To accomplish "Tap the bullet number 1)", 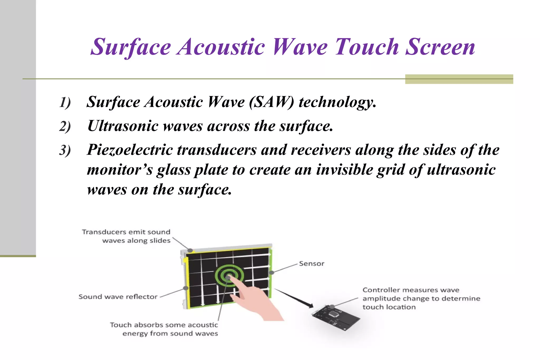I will tap(65, 102).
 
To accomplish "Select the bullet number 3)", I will tap(65, 150).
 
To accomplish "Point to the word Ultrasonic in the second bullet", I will tap(123, 126).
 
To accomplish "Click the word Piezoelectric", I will tap(129, 150).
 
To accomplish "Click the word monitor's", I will tap(120, 170).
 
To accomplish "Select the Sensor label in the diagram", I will tap(311, 264).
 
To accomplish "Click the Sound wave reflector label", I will tap(118, 297).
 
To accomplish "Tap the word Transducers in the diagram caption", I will tap(104, 232).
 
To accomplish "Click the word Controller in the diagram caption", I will tap(381, 290).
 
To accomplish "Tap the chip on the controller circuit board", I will tap(334, 314).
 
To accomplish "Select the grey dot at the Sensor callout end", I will tap(272, 273).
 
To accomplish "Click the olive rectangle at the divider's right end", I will tap(459, 79).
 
